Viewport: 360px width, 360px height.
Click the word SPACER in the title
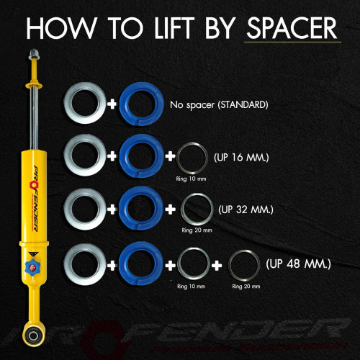coord(292,28)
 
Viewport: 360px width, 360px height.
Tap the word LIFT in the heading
coord(175,28)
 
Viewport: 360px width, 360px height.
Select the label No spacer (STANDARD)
coord(219,105)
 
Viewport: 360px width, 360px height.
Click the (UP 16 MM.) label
coord(241,158)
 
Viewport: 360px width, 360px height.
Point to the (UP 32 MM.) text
coord(246,210)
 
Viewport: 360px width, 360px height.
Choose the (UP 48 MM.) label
coord(298,264)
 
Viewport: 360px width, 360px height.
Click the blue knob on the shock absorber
coord(33,267)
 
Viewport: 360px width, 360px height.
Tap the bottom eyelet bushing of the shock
coord(33,336)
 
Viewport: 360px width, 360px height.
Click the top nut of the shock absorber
coord(33,54)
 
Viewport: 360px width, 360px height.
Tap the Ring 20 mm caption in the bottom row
coord(246,287)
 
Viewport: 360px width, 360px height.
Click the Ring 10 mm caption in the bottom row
coord(191,287)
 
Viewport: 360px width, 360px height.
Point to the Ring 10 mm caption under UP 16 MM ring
coord(191,179)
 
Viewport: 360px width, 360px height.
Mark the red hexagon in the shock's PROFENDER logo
coord(34,184)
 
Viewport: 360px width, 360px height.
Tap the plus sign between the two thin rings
coord(217,266)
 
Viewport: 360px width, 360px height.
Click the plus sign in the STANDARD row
coord(112,104)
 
